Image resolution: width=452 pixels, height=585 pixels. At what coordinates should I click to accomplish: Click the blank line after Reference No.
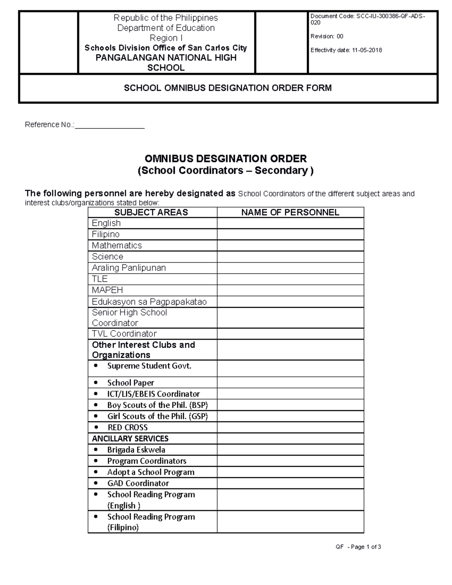110,125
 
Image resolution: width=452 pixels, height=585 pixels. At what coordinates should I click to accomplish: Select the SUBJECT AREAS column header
151,212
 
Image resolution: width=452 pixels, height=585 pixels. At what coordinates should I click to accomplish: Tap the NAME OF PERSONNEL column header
290,212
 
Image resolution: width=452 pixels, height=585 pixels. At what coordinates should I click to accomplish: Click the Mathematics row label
117,246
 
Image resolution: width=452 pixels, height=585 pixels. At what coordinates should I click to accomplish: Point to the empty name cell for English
290,223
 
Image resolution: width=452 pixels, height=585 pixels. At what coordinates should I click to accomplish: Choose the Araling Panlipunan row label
129,268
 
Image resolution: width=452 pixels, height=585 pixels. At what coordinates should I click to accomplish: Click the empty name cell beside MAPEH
290,290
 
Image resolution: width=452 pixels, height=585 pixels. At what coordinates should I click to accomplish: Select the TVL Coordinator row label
124,334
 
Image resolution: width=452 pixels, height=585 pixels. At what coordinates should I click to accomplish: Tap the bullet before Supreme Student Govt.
96,366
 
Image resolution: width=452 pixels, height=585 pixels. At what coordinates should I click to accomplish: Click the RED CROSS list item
127,428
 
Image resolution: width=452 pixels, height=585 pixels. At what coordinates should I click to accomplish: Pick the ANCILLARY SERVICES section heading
130,438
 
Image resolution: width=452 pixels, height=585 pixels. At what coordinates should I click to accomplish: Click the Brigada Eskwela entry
136,450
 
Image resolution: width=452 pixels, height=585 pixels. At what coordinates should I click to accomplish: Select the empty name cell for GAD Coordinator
290,483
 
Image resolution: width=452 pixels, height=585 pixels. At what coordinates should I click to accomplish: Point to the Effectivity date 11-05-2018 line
346,50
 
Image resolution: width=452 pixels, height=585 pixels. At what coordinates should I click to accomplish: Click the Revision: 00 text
327,37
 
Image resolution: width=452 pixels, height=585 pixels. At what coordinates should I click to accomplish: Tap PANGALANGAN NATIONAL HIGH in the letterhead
166,58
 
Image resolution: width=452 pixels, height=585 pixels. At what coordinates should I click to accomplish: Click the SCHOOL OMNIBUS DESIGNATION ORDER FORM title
228,88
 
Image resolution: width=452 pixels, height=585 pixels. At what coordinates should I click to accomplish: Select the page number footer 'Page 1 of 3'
365,547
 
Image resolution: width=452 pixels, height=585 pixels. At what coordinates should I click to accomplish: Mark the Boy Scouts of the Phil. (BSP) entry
157,405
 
